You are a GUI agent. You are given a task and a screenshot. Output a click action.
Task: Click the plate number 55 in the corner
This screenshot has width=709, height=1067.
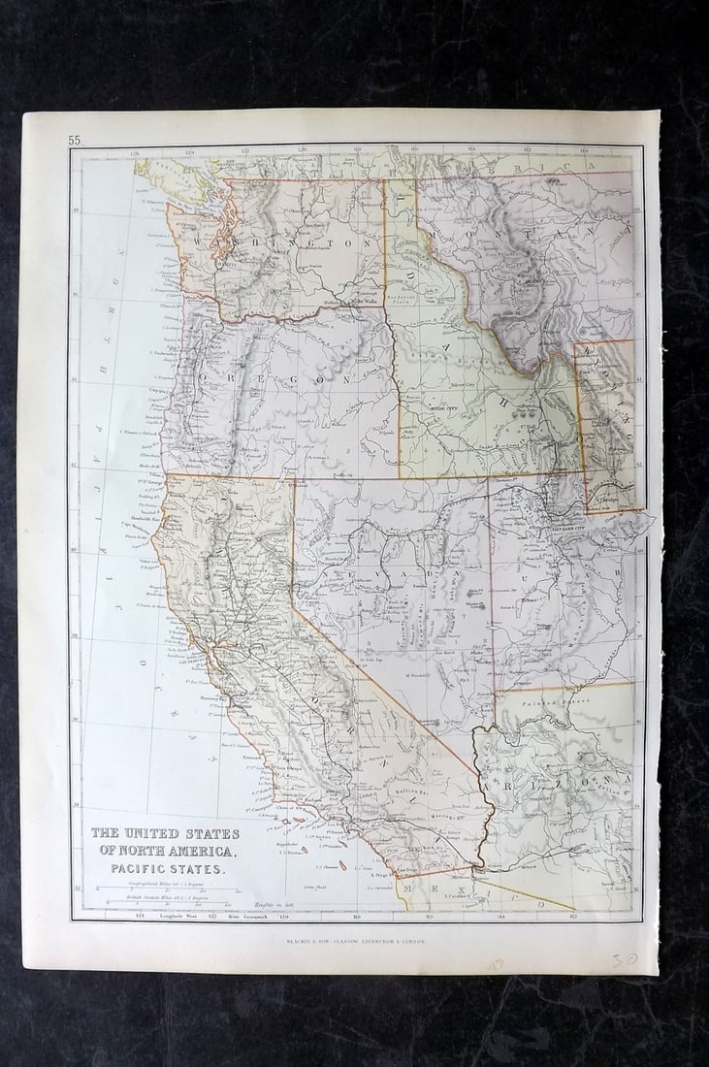tap(75, 141)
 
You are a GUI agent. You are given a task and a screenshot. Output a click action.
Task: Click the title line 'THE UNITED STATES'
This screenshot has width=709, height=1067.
tap(165, 833)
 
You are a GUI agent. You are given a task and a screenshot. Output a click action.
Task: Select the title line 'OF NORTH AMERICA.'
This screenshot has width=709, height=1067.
tap(165, 851)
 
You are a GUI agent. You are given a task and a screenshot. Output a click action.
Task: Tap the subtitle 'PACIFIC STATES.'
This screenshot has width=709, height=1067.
tap(165, 869)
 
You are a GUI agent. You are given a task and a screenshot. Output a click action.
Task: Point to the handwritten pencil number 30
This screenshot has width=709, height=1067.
tap(624, 959)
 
